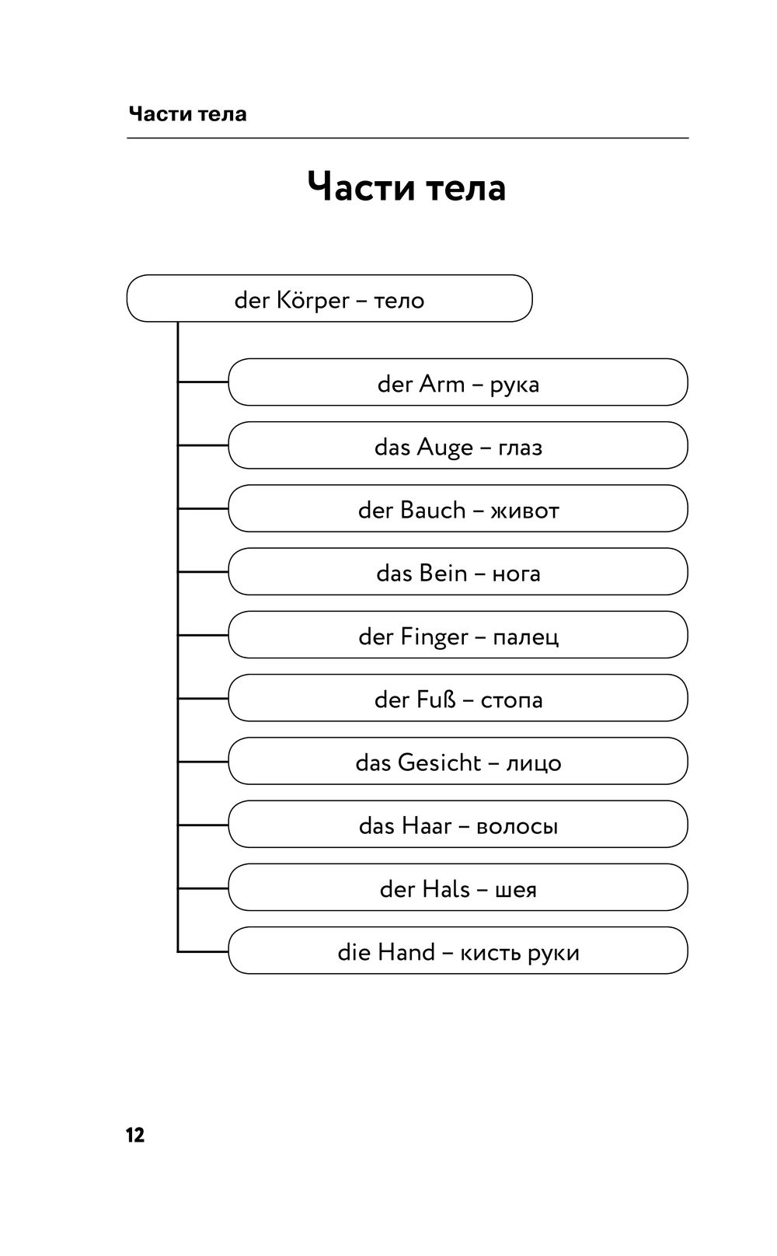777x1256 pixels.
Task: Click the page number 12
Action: (135, 1136)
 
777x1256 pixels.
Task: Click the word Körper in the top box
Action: (312, 301)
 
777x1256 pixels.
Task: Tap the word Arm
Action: (442, 384)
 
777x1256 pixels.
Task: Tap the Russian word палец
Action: (525, 638)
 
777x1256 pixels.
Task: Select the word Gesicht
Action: (440, 763)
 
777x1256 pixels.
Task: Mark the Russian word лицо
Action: (534, 764)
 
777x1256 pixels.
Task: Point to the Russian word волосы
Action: (517, 827)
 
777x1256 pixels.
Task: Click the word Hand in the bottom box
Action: (406, 953)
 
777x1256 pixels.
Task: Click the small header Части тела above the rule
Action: (187, 113)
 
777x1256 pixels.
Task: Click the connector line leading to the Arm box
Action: (203, 382)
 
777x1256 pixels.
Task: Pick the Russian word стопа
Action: (511, 701)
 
